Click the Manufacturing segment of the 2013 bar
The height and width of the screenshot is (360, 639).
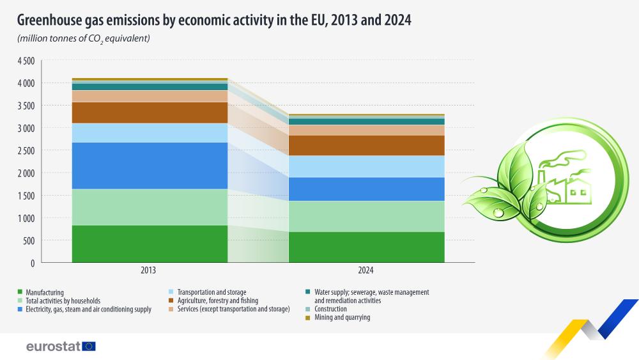click(150, 244)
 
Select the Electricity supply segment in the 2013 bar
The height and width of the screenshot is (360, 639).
click(150, 165)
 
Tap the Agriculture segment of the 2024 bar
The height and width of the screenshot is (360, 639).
click(366, 145)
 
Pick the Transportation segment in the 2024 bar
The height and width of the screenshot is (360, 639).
click(366, 166)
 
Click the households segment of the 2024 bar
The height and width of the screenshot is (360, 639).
click(366, 216)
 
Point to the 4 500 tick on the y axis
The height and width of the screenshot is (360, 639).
click(25, 61)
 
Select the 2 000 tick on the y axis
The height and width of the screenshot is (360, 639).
click(25, 173)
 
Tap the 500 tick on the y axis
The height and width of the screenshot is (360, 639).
click(29, 240)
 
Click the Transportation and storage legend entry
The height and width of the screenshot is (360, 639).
click(212, 292)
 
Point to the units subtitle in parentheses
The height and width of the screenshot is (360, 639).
click(83, 39)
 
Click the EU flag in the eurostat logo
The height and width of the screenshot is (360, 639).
click(89, 346)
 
